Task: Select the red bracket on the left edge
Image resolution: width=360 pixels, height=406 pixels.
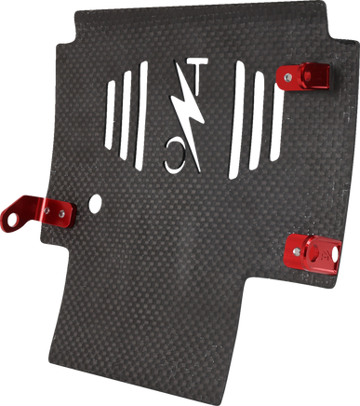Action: [38, 212]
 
